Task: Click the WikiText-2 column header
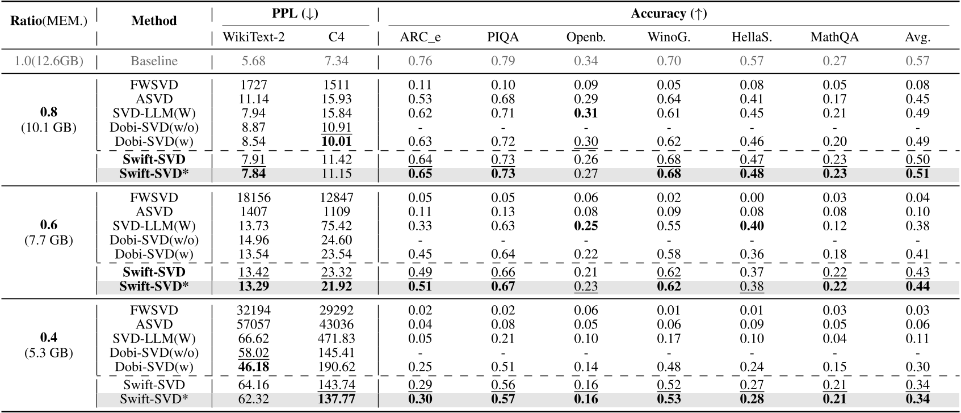(253, 38)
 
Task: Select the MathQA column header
(834, 38)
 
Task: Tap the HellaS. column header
(752, 38)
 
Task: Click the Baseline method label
(154, 61)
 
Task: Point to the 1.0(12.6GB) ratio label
(49, 61)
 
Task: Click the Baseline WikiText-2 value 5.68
(253, 61)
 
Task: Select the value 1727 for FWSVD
(253, 85)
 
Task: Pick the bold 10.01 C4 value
(336, 141)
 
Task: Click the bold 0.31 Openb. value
(586, 113)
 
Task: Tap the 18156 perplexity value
(253, 198)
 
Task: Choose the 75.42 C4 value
(336, 226)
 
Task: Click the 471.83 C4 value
(336, 339)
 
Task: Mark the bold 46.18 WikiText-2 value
(253, 367)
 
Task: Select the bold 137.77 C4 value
(336, 399)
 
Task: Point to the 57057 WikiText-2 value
(253, 324)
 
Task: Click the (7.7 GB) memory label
(49, 240)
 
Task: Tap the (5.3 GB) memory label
(49, 353)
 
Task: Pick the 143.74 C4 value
(336, 385)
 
